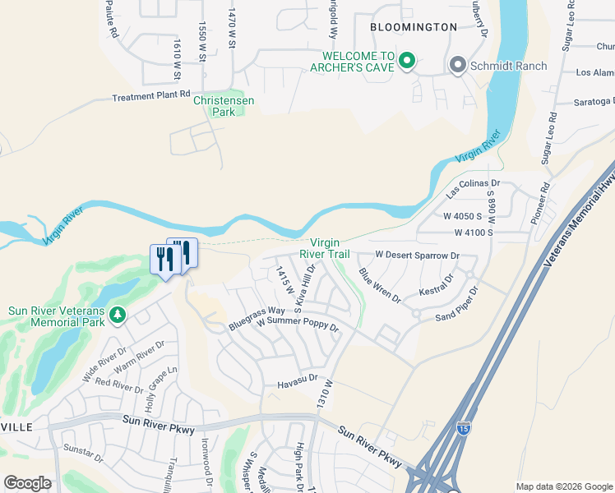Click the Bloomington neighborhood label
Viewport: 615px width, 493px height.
tap(413, 27)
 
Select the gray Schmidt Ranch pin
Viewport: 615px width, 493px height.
tap(457, 65)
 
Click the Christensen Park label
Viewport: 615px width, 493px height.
tap(223, 106)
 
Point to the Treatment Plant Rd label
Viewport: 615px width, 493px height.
tap(151, 97)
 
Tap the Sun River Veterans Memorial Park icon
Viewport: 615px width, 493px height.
tap(118, 315)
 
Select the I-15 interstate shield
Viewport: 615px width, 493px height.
tap(464, 428)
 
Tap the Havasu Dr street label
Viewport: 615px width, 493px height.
tap(297, 379)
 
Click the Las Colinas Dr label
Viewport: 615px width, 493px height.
tap(474, 189)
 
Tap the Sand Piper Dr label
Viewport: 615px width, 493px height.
tap(457, 303)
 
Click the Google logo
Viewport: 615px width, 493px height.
tap(27, 483)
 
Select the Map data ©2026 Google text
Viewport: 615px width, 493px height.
tap(563, 486)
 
